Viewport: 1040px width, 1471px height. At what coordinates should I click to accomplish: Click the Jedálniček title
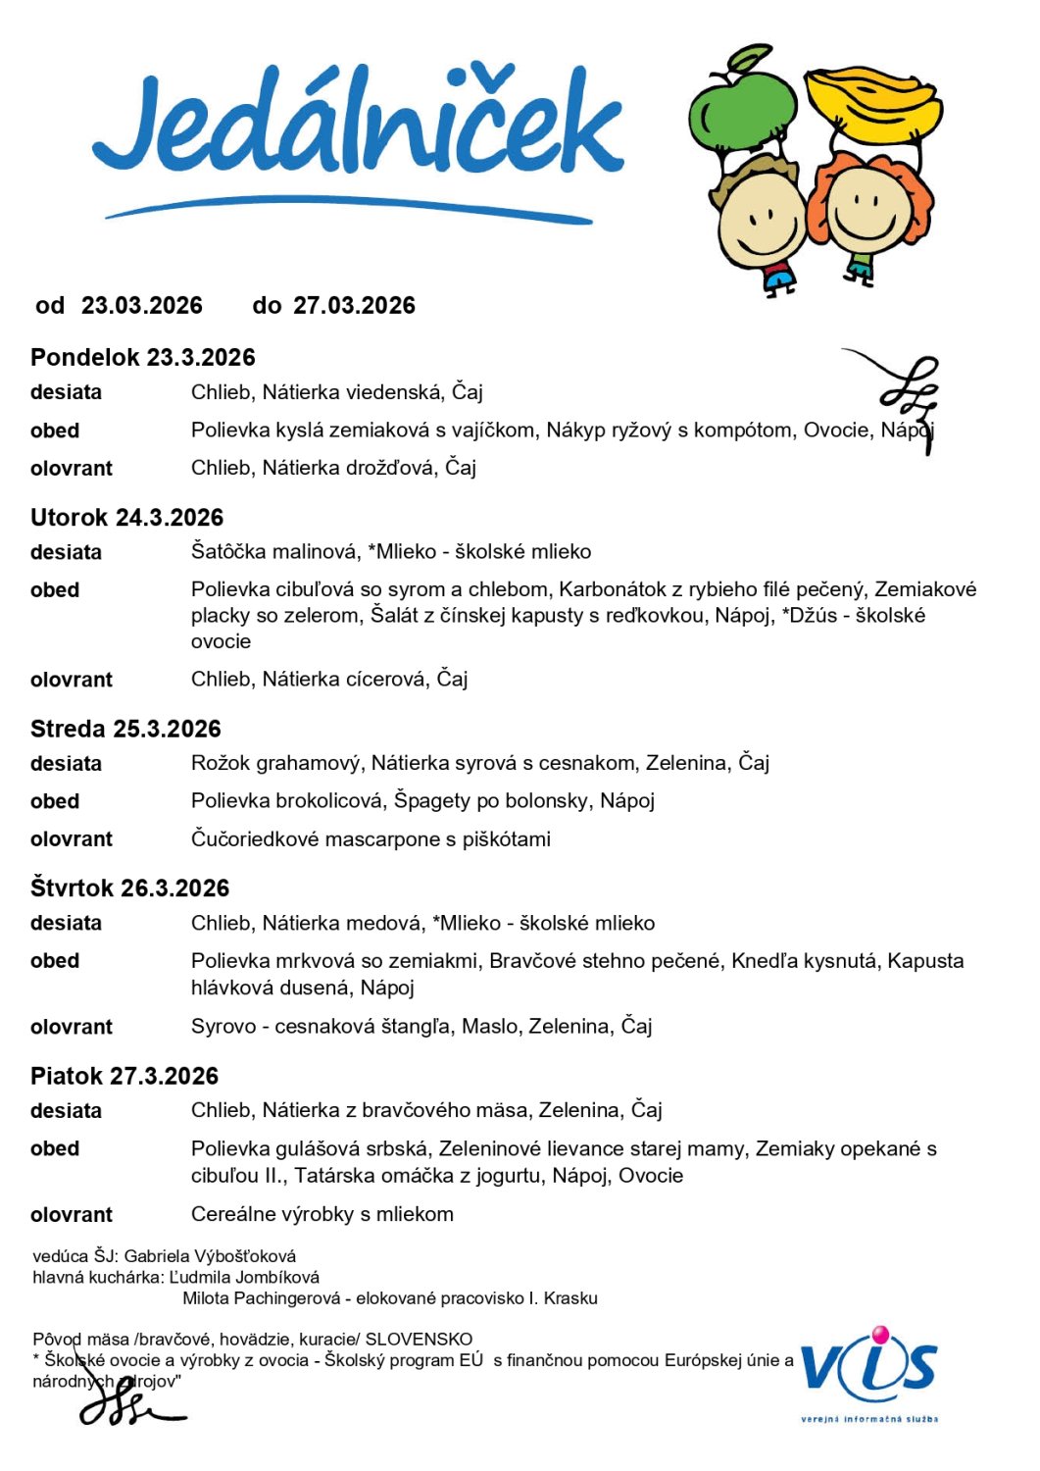(x=358, y=127)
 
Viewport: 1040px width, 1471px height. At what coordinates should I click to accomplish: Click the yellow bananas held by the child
(x=871, y=102)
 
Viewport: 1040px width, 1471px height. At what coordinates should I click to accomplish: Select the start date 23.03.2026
(x=142, y=306)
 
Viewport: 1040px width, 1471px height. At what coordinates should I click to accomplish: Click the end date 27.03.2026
(x=354, y=306)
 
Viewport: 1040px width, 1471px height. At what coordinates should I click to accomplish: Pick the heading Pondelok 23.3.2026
(x=143, y=358)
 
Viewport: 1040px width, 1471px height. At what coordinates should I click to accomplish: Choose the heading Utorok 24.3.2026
(x=127, y=518)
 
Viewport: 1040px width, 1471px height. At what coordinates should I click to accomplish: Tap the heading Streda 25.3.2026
(x=125, y=729)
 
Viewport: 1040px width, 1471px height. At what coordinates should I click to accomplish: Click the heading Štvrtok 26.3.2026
(x=129, y=888)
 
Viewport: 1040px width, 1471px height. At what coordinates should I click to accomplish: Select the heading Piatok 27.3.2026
(x=124, y=1076)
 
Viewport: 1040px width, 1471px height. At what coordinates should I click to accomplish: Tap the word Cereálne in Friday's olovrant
(x=231, y=1215)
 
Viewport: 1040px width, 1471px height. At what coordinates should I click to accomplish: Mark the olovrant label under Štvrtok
(x=72, y=1028)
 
